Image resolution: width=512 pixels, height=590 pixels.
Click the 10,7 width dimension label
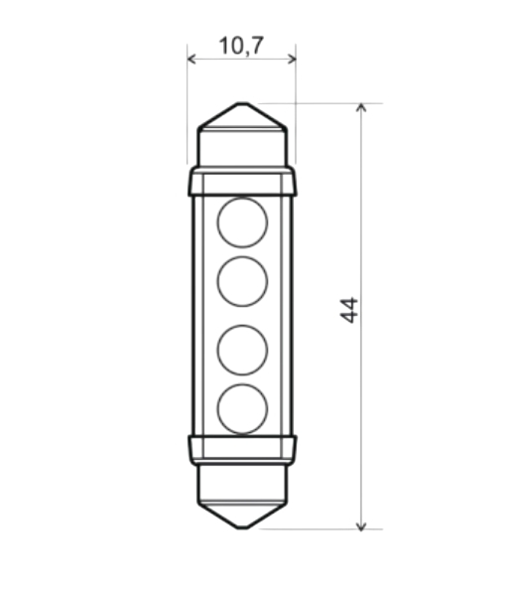coord(242,46)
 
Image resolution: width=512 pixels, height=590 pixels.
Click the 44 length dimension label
coord(349,310)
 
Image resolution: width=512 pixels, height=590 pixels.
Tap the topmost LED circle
coord(242,222)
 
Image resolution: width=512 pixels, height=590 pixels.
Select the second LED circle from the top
coord(242,281)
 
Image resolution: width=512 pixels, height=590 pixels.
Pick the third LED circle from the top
coord(242,350)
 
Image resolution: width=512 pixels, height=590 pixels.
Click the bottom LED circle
coord(242,409)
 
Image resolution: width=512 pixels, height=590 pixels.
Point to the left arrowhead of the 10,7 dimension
coord(191,59)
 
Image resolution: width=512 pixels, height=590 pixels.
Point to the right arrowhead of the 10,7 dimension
coord(292,59)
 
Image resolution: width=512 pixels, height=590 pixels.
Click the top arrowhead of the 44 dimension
coord(361,107)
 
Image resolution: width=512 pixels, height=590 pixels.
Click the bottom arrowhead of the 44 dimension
coord(361,525)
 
